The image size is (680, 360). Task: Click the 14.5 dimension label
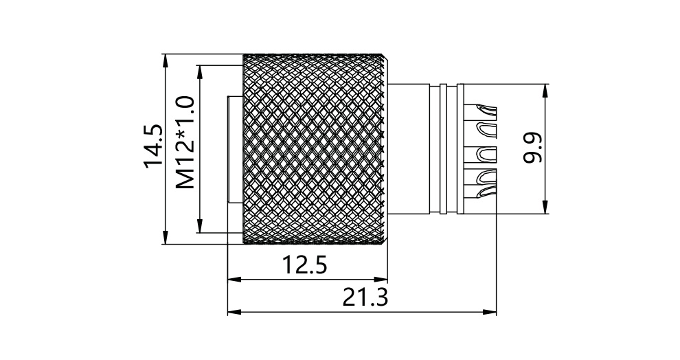pos(154,146)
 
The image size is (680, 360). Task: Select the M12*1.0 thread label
pos(185,143)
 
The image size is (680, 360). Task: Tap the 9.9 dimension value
pos(533,148)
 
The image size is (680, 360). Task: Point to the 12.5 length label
pos(304,265)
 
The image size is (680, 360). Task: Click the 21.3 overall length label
pos(365,297)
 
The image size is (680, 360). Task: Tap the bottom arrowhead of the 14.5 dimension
pos(166,238)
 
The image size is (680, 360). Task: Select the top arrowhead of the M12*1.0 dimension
pos(199,71)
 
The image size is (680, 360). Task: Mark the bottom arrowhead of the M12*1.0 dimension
pos(199,227)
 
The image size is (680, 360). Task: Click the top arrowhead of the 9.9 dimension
pos(545,90)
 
